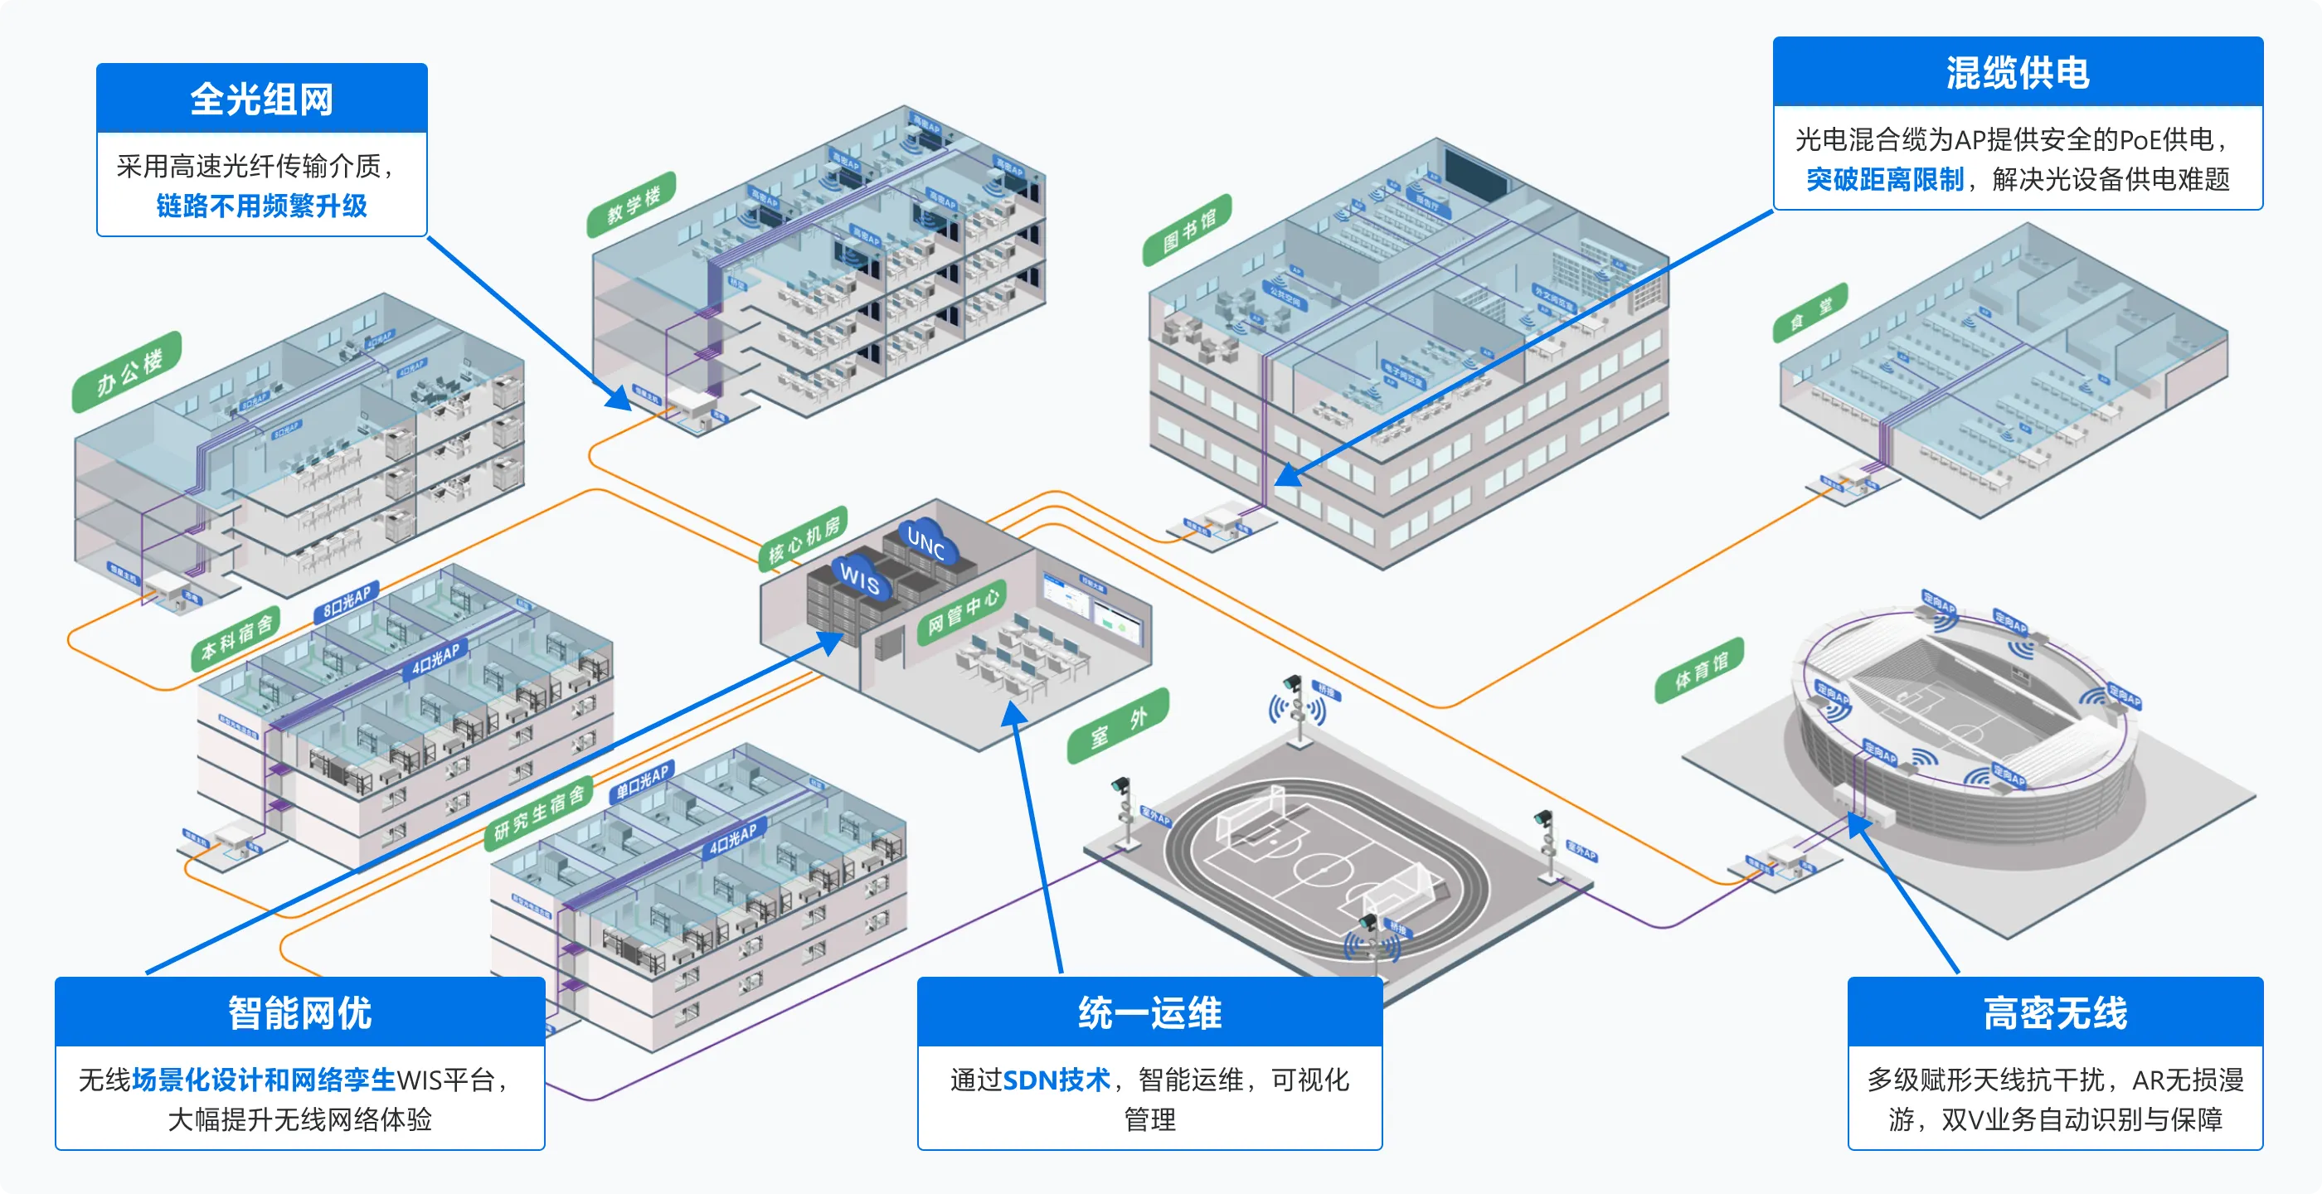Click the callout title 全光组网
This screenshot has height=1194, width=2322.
tap(261, 98)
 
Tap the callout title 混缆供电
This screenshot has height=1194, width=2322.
tap(2018, 72)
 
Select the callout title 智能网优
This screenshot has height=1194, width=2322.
tap(299, 1012)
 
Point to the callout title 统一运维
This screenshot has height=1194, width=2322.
tap(1149, 1012)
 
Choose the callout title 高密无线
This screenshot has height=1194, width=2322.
tap(2054, 1012)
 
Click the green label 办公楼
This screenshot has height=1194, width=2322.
tap(128, 371)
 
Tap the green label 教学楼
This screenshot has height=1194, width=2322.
tap(632, 205)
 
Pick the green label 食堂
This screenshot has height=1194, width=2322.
tap(1810, 313)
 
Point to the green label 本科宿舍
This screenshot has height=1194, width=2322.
tap(236, 638)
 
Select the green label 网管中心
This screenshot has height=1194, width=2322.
tap(963, 612)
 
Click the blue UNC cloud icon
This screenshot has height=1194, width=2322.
tap(925, 541)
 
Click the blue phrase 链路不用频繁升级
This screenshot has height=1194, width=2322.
tap(261, 206)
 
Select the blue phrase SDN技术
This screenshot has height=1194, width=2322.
tap(1056, 1080)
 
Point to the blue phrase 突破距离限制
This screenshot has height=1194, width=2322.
tap(1884, 179)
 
